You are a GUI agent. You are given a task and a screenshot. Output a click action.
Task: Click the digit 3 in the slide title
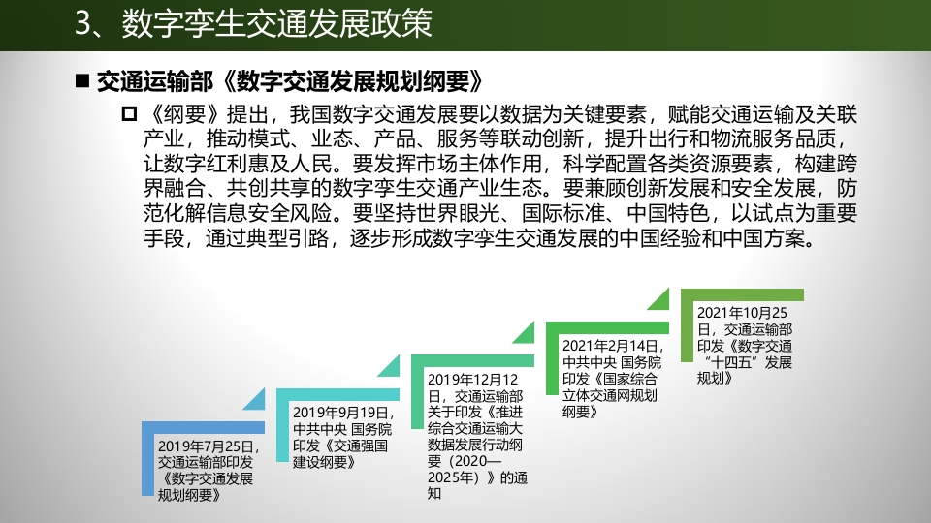(85, 24)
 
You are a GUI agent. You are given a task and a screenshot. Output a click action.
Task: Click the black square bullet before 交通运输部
(82, 81)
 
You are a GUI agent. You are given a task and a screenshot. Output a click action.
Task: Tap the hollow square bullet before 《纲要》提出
(129, 114)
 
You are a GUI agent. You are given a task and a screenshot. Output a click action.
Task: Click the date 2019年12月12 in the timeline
(472, 380)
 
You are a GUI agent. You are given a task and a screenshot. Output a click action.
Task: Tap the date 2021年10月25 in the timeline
(742, 313)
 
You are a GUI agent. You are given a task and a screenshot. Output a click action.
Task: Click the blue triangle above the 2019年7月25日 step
(257, 401)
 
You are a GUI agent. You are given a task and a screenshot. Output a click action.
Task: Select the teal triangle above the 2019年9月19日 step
(392, 368)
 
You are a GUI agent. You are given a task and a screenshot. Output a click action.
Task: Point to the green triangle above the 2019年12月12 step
(527, 334)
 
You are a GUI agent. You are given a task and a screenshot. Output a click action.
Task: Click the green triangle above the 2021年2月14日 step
(661, 300)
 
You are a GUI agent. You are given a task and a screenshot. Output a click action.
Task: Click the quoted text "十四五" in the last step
(732, 362)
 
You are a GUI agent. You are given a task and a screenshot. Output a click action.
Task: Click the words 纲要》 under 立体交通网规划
(580, 411)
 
